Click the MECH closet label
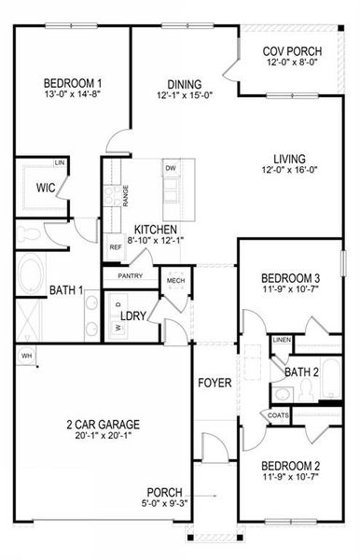point(175,280)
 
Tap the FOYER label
point(214,384)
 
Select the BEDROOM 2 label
point(290,466)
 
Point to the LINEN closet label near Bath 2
point(282,341)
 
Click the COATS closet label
point(279,415)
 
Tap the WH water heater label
point(26,356)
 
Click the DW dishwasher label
point(170,168)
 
